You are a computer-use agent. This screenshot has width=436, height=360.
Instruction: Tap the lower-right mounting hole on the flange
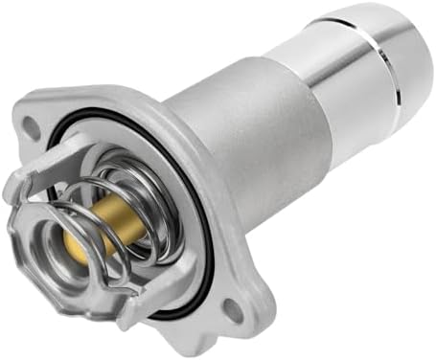234,307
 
